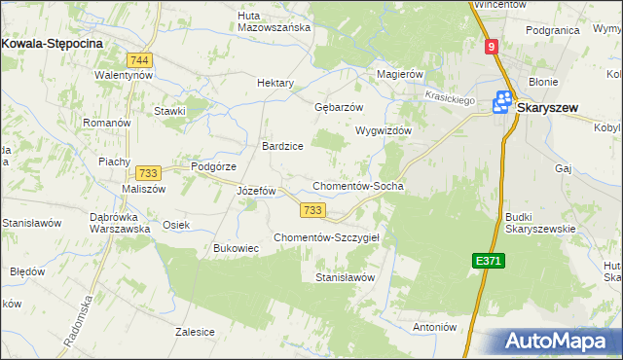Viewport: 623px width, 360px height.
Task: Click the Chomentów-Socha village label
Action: [x=357, y=186]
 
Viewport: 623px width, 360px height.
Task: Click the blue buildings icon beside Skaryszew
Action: [x=503, y=101]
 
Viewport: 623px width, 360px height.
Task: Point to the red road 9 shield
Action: [x=493, y=47]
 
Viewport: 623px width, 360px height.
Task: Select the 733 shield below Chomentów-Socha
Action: [x=312, y=210]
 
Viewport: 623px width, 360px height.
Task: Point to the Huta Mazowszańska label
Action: [x=275, y=20]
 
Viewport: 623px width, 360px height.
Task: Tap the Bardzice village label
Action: [x=282, y=146]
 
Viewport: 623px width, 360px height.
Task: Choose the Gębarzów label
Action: [x=339, y=107]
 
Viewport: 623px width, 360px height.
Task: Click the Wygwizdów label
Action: [x=385, y=130]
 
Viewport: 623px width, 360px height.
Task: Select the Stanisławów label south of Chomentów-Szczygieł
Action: [x=346, y=277]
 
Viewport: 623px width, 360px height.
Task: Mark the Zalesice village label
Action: [x=195, y=332]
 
